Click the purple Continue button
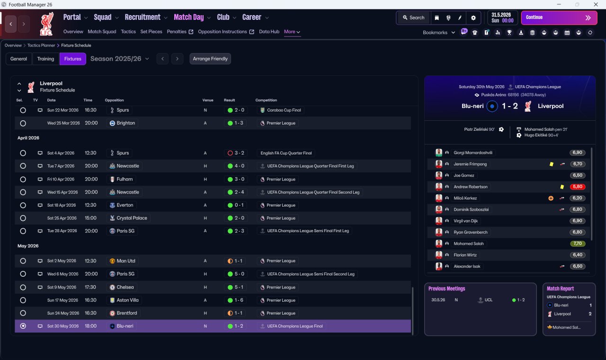(x=559, y=18)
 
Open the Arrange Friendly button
(x=210, y=59)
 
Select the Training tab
(x=45, y=59)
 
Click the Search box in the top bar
(x=413, y=18)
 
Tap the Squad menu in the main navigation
(x=103, y=18)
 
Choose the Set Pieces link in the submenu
(x=151, y=32)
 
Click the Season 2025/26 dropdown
(x=120, y=59)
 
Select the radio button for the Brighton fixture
(x=23, y=123)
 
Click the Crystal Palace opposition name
(x=132, y=218)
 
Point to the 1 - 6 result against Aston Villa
(x=239, y=300)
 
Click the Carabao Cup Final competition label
(x=284, y=110)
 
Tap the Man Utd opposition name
(x=126, y=261)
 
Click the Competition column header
(x=266, y=100)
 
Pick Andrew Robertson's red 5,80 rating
(x=577, y=187)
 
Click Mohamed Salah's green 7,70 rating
(x=577, y=243)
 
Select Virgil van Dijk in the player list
(x=465, y=221)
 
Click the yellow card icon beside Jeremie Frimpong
(x=552, y=164)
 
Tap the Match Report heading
(x=560, y=288)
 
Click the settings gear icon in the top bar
(x=473, y=18)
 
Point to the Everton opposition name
(x=125, y=205)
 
